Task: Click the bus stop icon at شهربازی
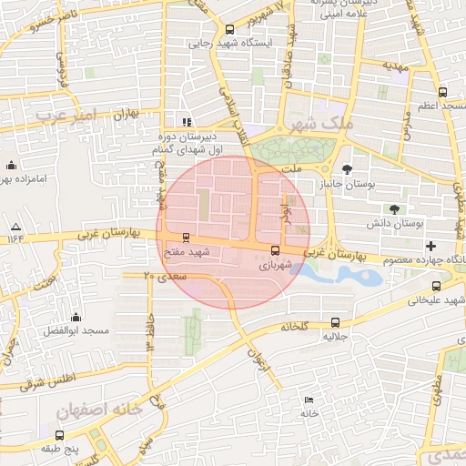point(275,250)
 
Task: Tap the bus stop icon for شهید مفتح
point(187,238)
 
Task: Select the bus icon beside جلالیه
point(335,322)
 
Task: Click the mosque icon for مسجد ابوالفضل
point(76,318)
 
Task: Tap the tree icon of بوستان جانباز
point(347,169)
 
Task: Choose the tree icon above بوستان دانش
point(393,209)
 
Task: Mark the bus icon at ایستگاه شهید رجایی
point(229,28)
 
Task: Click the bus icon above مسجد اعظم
point(442,92)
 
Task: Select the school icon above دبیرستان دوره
point(187,122)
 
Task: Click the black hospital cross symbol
point(431,246)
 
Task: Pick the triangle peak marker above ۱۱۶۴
point(15,225)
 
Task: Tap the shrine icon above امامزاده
point(12,166)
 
